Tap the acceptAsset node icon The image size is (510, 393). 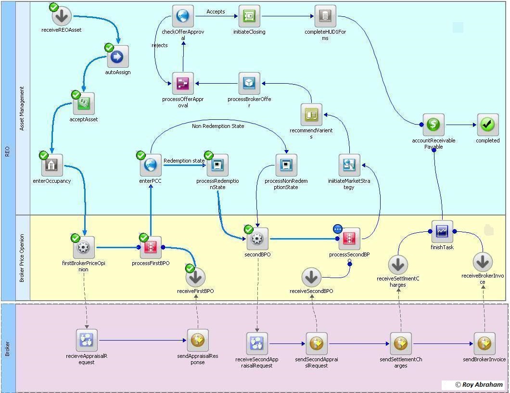point(84,103)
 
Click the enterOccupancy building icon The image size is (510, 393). point(51,165)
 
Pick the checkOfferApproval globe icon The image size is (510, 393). point(183,16)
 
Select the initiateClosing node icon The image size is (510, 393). point(249,16)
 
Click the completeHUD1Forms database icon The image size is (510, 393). point(325,16)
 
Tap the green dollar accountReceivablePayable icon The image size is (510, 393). point(433,125)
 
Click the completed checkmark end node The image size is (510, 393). point(487,125)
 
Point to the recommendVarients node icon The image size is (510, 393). point(311,114)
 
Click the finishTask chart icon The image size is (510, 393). point(442,231)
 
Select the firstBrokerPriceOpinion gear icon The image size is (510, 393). point(84,247)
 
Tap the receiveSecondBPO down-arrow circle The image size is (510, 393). point(311,277)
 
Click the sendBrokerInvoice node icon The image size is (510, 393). point(484,343)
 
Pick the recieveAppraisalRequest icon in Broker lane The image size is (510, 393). point(87,341)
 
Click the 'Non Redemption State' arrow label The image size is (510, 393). point(218,126)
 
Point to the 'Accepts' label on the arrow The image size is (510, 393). point(216,12)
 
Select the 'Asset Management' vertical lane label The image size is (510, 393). point(22,109)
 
